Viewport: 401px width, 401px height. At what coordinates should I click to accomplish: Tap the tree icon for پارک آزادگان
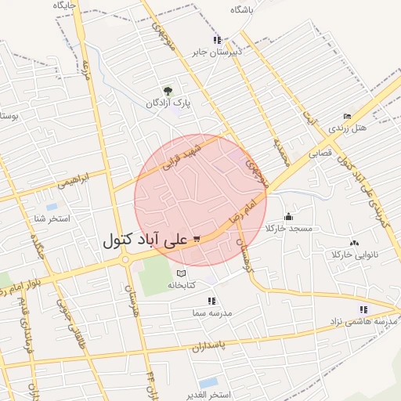[166, 91]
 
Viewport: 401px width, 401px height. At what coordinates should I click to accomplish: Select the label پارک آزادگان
[167, 103]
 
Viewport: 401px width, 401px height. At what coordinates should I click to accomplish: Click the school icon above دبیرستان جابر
[217, 41]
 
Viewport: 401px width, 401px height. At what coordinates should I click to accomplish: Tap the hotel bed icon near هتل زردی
[347, 117]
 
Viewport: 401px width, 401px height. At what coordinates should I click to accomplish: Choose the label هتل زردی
[348, 128]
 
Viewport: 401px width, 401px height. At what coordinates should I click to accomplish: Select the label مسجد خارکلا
[289, 228]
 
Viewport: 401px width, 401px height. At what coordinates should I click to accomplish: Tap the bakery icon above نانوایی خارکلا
[354, 244]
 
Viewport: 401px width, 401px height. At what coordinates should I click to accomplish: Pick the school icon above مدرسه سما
[211, 301]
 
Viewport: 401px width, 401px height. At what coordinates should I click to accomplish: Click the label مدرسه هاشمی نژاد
[363, 321]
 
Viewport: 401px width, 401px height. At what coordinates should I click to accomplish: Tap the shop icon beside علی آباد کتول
[196, 239]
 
